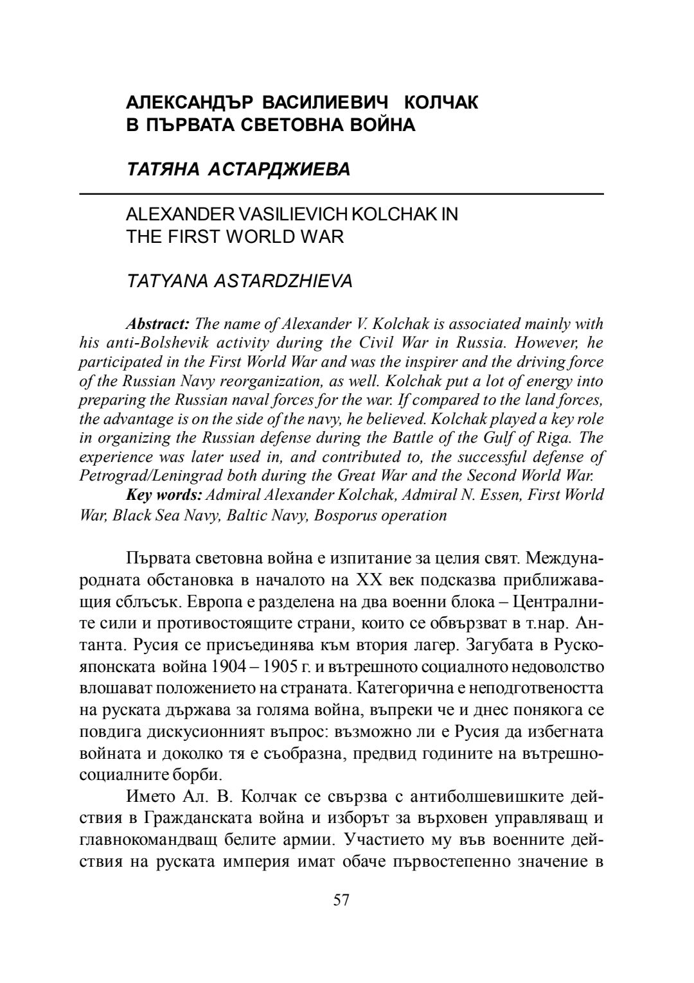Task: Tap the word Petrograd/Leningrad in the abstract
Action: pos(137,476)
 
